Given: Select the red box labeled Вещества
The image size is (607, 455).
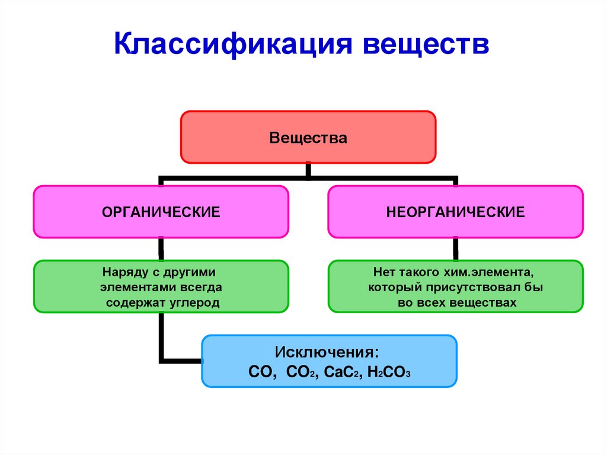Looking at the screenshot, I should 308,138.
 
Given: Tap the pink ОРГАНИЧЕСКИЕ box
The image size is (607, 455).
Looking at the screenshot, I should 161,212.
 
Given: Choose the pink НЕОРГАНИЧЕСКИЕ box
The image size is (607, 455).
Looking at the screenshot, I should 455,212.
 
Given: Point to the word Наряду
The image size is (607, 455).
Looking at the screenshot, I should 120,272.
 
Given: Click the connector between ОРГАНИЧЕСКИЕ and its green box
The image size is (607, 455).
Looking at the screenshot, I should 161,249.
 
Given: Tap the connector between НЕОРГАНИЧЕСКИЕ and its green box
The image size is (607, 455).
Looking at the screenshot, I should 455,249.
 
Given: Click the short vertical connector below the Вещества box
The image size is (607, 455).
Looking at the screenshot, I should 308,170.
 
